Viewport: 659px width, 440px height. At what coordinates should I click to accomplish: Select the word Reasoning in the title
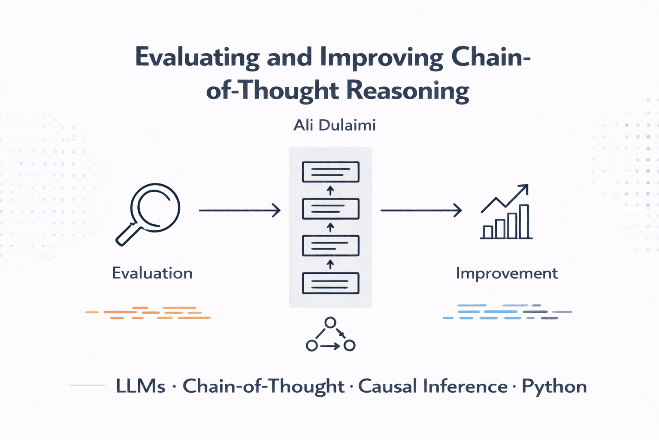[407, 90]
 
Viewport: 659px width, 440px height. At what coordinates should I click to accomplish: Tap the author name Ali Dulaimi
[335, 125]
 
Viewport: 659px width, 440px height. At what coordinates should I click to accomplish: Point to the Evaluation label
[152, 273]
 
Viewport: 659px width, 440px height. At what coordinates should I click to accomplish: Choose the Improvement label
[507, 273]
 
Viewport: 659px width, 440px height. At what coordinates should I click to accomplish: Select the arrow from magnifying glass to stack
[239, 211]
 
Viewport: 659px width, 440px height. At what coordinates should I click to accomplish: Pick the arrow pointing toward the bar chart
[421, 211]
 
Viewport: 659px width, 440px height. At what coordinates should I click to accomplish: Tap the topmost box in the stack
[330, 172]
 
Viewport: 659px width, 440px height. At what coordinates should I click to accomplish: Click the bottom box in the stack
[330, 283]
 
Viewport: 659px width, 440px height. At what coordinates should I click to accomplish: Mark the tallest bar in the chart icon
[524, 221]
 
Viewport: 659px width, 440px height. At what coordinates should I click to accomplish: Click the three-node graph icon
[330, 335]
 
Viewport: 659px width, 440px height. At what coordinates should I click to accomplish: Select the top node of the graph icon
[330, 322]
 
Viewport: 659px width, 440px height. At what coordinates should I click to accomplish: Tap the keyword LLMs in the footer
[140, 386]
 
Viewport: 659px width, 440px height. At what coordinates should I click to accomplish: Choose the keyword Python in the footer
[554, 386]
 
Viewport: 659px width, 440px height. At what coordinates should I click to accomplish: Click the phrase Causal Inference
[432, 386]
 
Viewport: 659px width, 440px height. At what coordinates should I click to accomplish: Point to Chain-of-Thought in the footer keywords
[263, 386]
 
